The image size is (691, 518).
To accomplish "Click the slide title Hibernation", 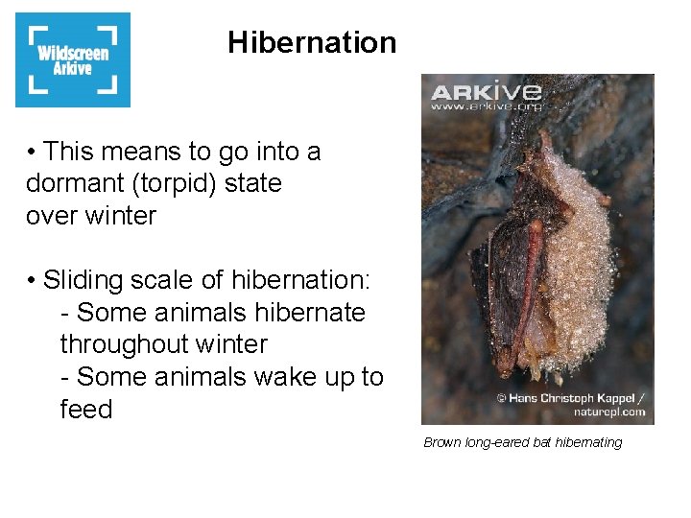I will pyautogui.click(x=311, y=42).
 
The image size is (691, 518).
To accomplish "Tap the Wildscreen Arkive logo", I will pyautogui.click(x=73, y=59).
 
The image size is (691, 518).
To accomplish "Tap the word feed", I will pyautogui.click(x=86, y=410).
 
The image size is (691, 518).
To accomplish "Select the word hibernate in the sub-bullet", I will pyautogui.click(x=307, y=313).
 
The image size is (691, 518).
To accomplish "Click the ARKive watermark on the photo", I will pyautogui.click(x=486, y=92).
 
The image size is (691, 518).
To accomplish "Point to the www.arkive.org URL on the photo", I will pyautogui.click(x=486, y=106).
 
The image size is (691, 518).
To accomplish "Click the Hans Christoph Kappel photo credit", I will pyautogui.click(x=570, y=396).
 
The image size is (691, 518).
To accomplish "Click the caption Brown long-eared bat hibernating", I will pyautogui.click(x=523, y=442).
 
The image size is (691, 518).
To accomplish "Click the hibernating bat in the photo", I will pyautogui.click(x=547, y=264).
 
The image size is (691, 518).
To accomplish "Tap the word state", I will pyautogui.click(x=252, y=183).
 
